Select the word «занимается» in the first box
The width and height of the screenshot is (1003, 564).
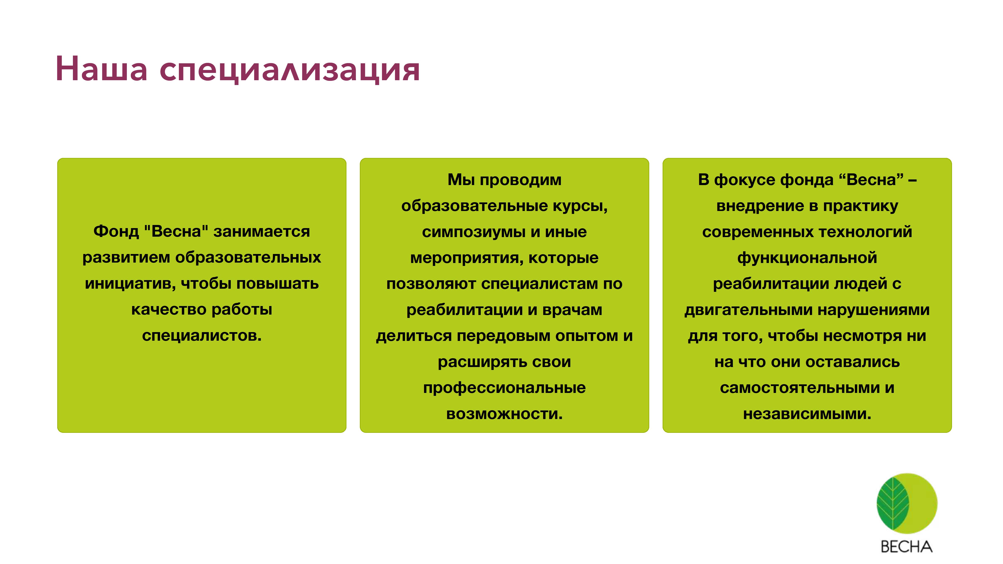click(x=262, y=232)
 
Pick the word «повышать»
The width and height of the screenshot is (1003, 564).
click(x=278, y=284)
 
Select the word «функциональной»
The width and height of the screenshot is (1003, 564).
click(x=807, y=258)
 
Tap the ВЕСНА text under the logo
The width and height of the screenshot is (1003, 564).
click(x=906, y=547)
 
